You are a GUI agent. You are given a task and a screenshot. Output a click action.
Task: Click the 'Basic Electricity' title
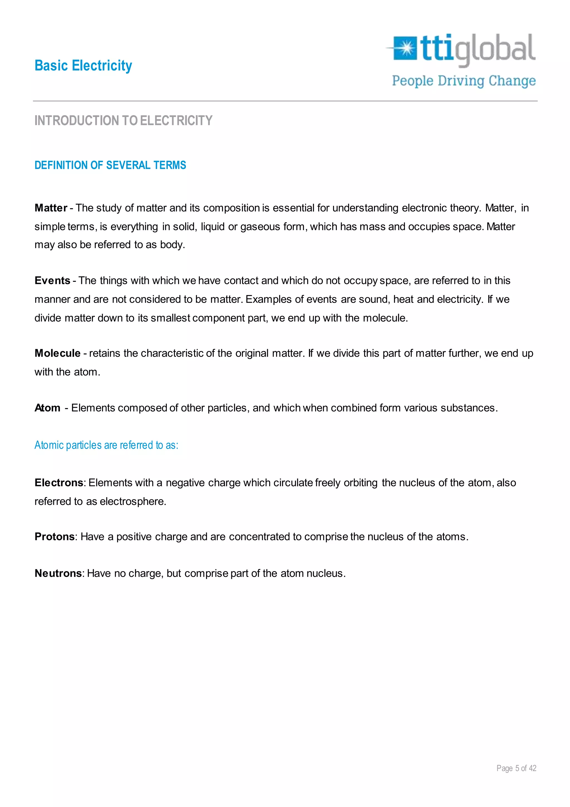83,66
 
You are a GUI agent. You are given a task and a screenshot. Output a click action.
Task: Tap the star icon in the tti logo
406,48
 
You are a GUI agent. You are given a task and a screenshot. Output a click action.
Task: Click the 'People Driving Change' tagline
464,81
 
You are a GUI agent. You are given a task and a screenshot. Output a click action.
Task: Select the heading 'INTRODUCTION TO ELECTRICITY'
123,121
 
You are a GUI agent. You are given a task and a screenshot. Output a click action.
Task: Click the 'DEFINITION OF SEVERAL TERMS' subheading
110,165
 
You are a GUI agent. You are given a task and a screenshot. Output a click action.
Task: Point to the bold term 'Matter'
51,208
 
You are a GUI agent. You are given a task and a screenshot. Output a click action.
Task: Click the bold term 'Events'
52,281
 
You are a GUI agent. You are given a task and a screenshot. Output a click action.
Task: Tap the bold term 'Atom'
47,408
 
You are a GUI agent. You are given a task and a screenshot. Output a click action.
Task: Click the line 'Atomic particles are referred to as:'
106,445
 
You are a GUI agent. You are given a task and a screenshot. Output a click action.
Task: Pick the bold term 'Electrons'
59,483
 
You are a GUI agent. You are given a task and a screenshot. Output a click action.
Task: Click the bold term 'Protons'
54,537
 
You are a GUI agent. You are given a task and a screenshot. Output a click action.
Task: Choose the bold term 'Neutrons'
58,573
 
